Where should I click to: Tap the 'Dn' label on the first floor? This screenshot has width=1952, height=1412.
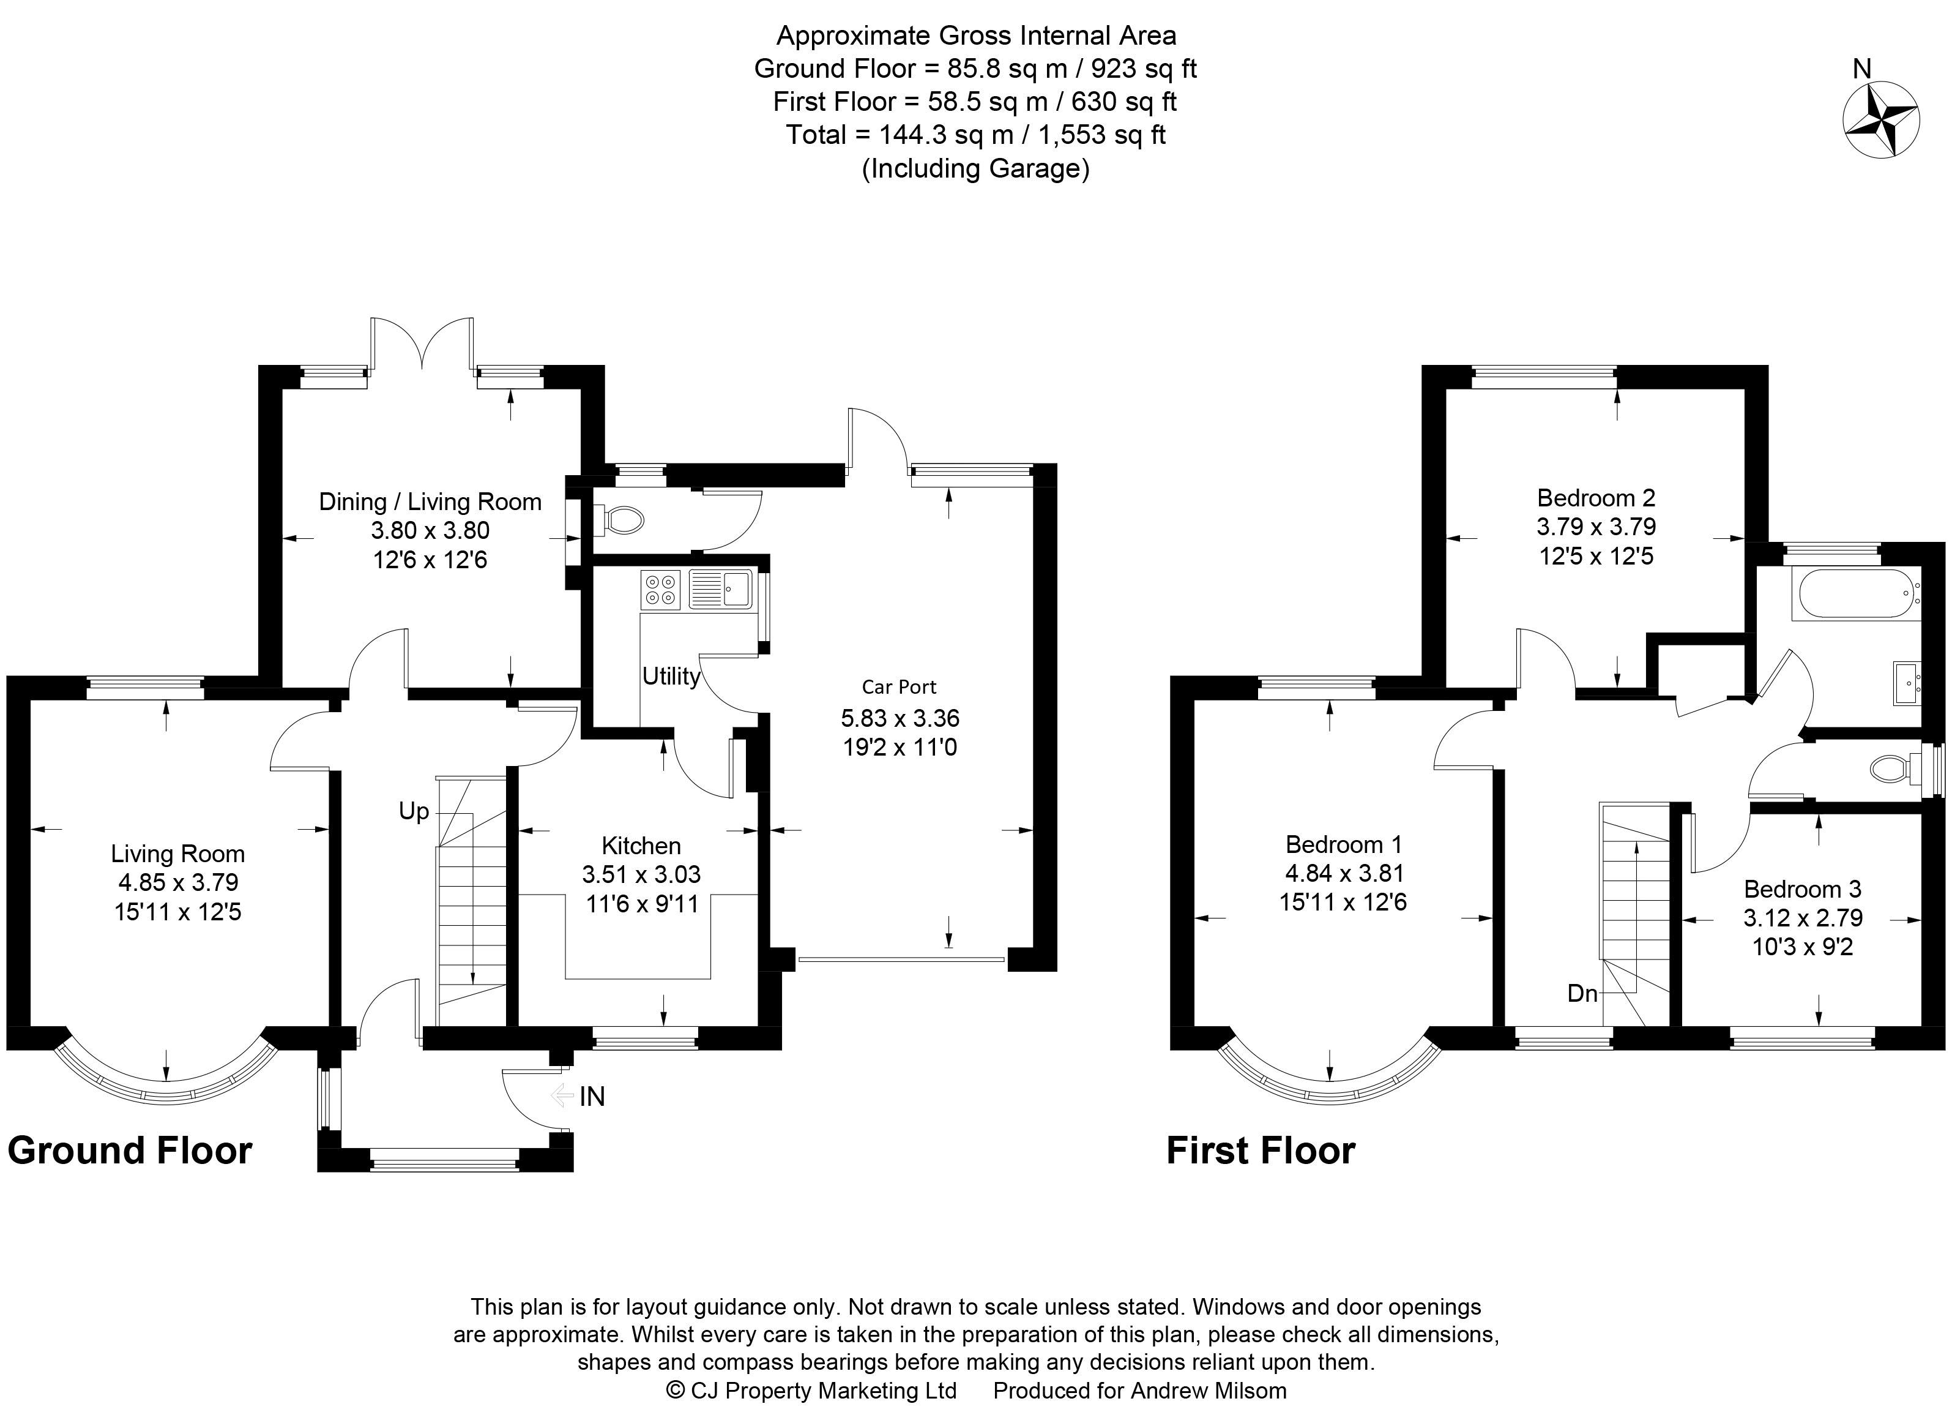point(1582,994)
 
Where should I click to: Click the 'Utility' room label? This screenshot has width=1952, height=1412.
point(671,676)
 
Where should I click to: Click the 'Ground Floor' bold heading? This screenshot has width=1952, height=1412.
point(130,1151)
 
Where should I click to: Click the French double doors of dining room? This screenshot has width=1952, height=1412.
point(422,344)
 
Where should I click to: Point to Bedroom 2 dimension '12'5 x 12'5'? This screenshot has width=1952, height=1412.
point(1596,555)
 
